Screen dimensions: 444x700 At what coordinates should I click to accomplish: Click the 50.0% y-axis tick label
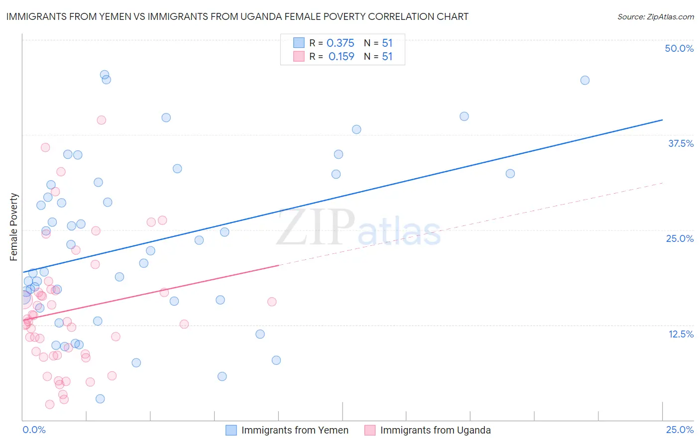[x=679, y=48]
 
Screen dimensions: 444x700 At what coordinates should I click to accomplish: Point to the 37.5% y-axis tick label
[x=681, y=143]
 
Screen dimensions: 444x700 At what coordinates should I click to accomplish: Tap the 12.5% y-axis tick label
[x=681, y=334]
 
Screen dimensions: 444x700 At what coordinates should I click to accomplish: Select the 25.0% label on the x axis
[x=680, y=430]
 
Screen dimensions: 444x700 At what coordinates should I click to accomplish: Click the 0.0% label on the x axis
[x=34, y=430]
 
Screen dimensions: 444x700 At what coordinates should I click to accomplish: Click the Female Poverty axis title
[x=14, y=227]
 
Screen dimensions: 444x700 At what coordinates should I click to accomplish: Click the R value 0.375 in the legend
[x=341, y=43]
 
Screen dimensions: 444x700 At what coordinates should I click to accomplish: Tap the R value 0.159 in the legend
[x=342, y=57]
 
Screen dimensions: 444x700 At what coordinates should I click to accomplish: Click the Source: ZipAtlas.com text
[x=656, y=17]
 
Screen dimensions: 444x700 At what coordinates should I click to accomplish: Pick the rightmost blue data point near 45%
[x=585, y=80]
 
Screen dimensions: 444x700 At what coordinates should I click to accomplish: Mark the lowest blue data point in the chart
[x=100, y=399]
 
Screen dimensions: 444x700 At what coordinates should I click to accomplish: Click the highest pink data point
[x=102, y=120]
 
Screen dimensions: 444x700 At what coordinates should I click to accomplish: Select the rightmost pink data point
[x=272, y=302]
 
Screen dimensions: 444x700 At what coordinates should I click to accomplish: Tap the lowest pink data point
[x=50, y=404]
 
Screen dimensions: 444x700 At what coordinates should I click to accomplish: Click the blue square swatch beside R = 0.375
[x=299, y=43]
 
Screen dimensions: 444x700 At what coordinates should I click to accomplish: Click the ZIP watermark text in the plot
[x=316, y=228]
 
